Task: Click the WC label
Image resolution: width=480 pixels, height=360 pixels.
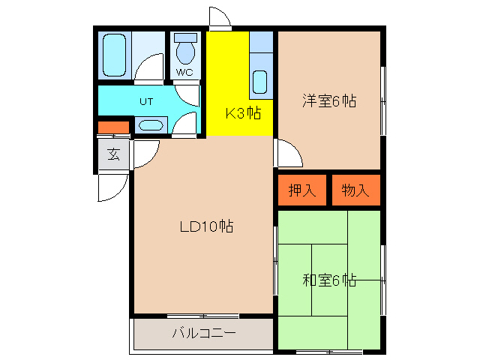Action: (184, 72)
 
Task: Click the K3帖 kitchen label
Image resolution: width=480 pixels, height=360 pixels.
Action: (243, 114)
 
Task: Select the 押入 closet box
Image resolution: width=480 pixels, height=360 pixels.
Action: (302, 190)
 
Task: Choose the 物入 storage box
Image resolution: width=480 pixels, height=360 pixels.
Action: (356, 190)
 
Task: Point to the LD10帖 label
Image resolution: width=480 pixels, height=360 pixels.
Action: (205, 226)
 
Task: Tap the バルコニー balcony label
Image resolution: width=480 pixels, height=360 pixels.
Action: (204, 333)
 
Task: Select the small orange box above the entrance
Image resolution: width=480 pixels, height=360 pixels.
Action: (113, 127)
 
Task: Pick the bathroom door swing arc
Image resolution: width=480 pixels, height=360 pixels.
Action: (151, 69)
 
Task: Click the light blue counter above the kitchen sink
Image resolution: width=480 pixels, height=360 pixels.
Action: (260, 42)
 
